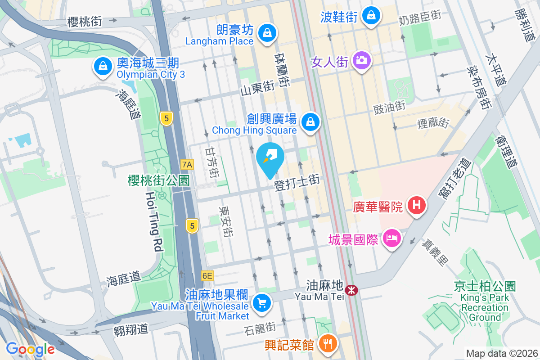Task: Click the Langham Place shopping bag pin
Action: [267, 32]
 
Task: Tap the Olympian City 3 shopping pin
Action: [103, 66]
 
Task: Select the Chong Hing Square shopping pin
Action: [310, 121]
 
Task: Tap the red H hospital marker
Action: [417, 206]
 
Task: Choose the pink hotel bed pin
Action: [391, 237]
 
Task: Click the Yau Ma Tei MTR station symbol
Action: [351, 290]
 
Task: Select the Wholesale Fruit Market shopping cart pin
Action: [262, 302]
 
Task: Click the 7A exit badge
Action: [187, 165]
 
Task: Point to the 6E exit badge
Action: [207, 275]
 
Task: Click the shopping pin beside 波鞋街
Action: [371, 16]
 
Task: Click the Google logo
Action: [30, 349]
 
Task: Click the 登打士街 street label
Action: [297, 183]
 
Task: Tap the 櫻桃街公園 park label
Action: [158, 180]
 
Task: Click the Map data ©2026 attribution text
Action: [502, 353]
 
